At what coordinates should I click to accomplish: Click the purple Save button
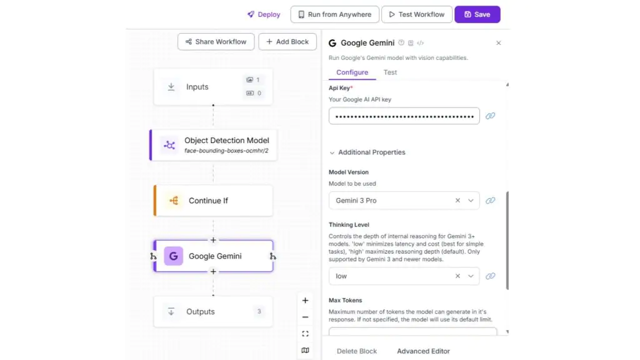(477, 14)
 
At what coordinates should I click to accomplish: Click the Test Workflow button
(417, 14)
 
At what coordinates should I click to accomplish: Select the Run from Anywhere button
(335, 14)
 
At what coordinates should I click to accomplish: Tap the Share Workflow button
(216, 42)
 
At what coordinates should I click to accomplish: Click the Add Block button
(287, 42)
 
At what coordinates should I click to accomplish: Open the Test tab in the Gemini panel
(390, 72)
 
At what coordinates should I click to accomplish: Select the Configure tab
(352, 72)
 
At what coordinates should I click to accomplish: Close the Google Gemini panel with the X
(498, 43)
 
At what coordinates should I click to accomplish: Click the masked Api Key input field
(404, 116)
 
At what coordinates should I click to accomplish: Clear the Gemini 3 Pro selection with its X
(457, 201)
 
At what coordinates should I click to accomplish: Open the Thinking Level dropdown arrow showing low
(471, 276)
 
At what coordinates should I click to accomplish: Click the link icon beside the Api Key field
(490, 116)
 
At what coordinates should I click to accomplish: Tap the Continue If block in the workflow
(213, 201)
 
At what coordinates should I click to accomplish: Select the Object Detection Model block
(213, 145)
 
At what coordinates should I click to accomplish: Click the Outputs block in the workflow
(213, 311)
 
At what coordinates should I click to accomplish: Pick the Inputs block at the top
(213, 86)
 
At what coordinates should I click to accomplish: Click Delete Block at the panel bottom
(357, 351)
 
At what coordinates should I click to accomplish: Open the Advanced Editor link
(423, 351)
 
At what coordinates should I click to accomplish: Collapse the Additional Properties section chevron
(332, 152)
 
